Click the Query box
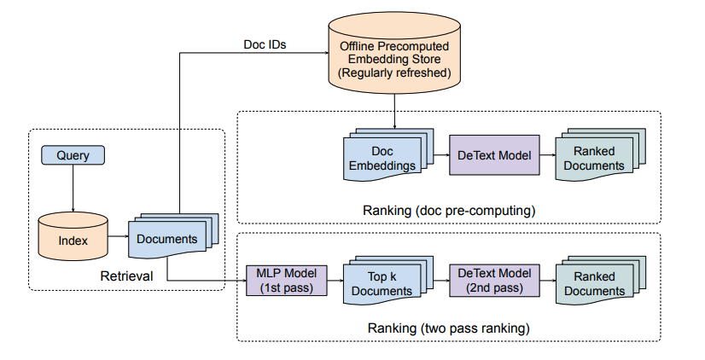(x=73, y=155)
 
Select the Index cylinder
(x=73, y=236)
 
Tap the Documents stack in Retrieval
(x=173, y=235)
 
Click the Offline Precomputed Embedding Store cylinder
(x=394, y=53)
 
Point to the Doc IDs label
(x=265, y=44)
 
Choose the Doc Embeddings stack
(x=388, y=154)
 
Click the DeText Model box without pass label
(x=494, y=155)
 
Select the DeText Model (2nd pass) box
(x=494, y=281)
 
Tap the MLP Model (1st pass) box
(x=287, y=281)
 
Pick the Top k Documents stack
(x=388, y=280)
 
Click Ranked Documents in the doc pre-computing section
(x=601, y=154)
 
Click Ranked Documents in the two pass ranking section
(x=601, y=280)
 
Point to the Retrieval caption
(x=126, y=276)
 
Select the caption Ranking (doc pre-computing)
(x=449, y=211)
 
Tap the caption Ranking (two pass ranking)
(x=449, y=328)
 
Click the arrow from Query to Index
(x=73, y=189)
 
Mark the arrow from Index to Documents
(x=119, y=236)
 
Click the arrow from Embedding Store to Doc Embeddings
(x=394, y=112)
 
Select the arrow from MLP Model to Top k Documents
(x=335, y=281)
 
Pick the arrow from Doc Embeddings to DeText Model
(x=441, y=155)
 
